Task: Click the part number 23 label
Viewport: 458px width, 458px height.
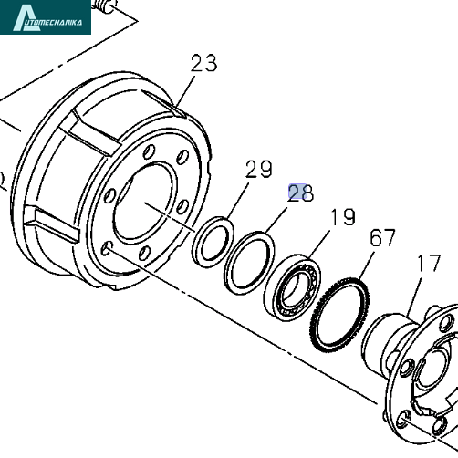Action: (204, 63)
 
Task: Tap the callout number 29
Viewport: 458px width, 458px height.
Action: (259, 169)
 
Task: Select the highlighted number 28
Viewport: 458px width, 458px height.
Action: (300, 193)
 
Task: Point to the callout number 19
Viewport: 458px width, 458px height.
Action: (343, 217)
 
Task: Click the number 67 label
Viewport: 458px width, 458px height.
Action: (382, 237)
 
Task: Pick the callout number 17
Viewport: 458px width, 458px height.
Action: (429, 263)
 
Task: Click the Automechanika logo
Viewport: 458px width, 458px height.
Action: (46, 17)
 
